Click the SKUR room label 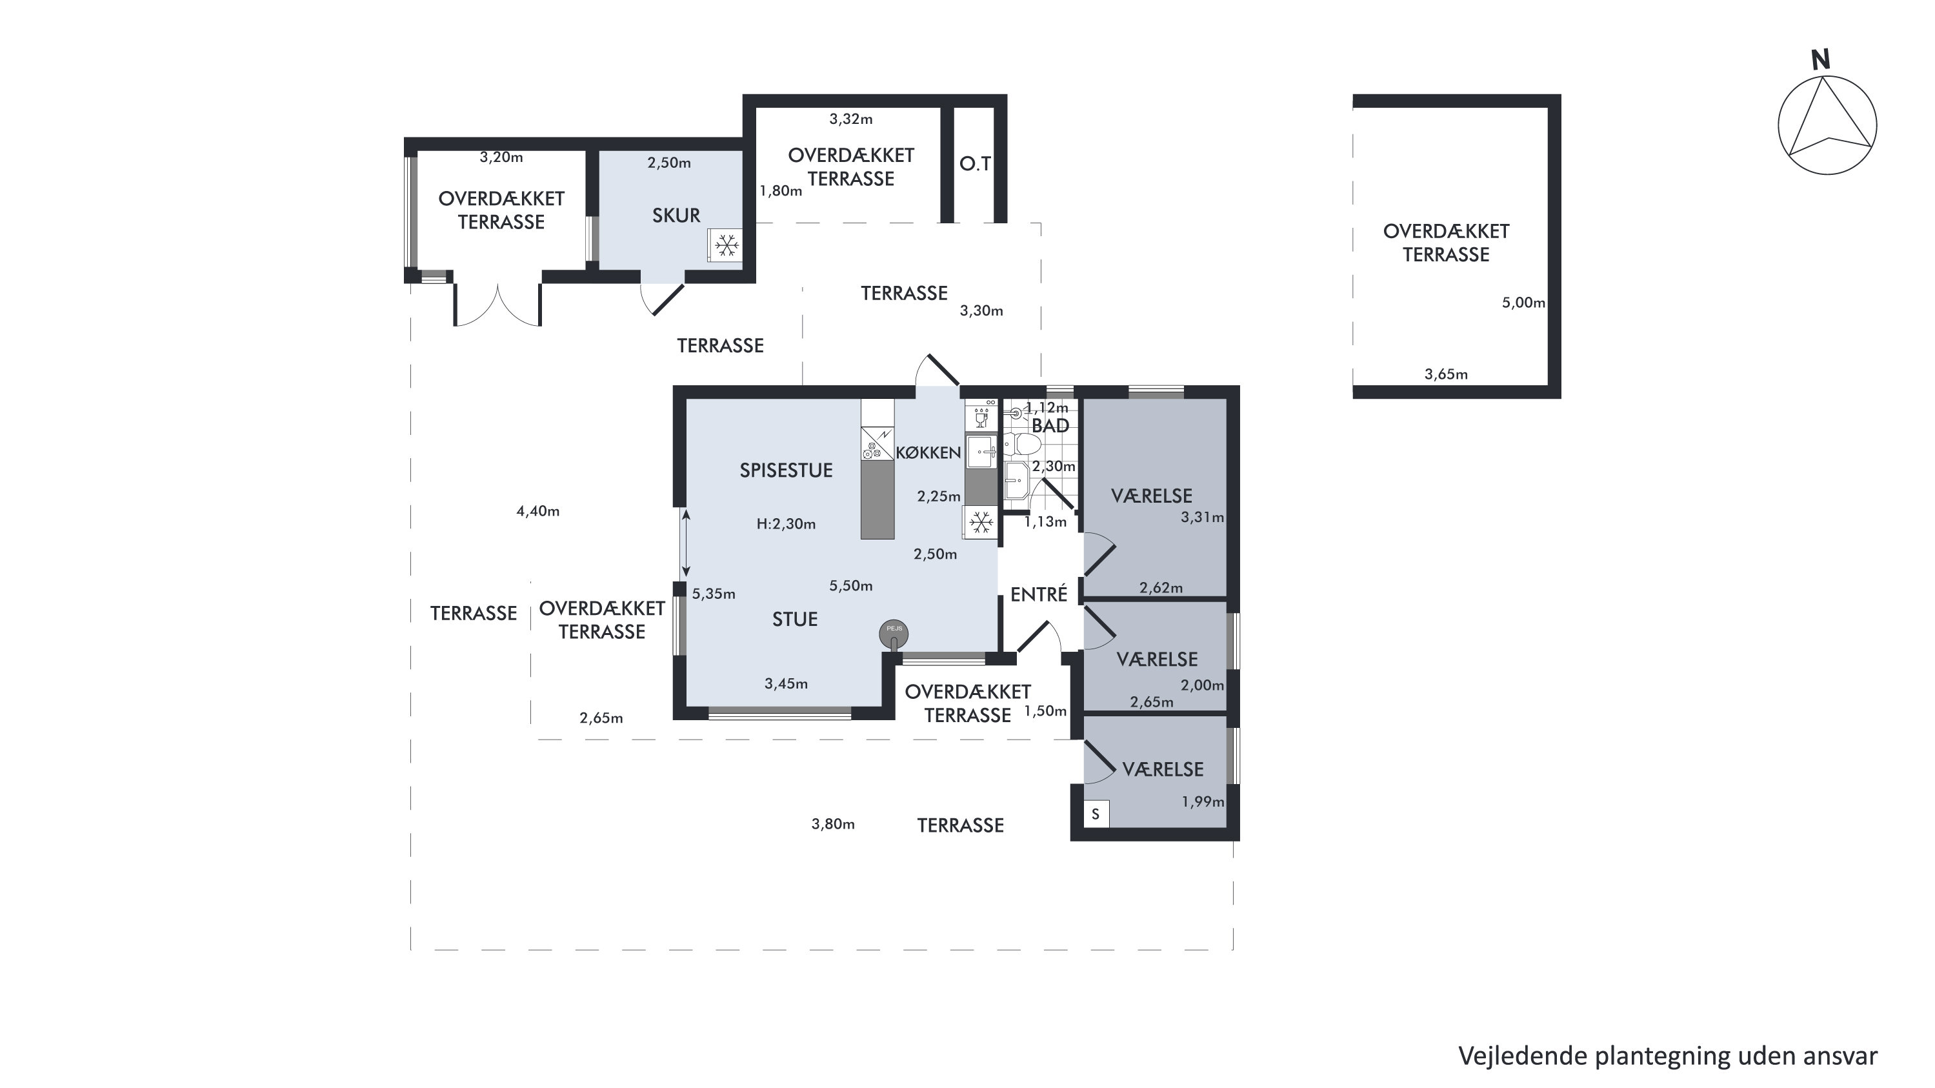coord(676,216)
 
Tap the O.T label coord(975,164)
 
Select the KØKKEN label coord(928,452)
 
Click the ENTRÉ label coord(1039,594)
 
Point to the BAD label coord(1050,426)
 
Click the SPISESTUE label coord(787,470)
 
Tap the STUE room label coord(795,619)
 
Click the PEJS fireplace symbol coord(894,634)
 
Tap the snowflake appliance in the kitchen coord(980,522)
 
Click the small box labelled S coord(1096,814)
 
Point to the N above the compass coord(1820,60)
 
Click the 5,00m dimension coord(1523,303)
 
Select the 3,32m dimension coord(851,119)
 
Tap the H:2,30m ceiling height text coord(786,524)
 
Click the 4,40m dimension coord(538,512)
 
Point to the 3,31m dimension coord(1202,517)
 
